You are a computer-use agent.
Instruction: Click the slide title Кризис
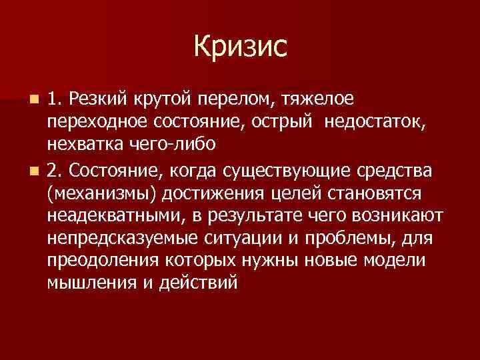pyautogui.click(x=241, y=47)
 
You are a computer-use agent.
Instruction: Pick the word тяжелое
pyautogui.click(x=317, y=100)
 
